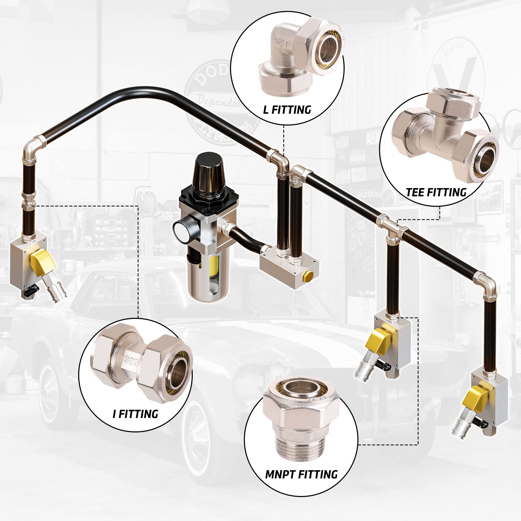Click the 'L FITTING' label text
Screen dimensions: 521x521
click(x=287, y=110)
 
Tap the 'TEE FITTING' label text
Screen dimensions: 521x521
click(x=436, y=192)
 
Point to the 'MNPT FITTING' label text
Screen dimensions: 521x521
click(x=301, y=482)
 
